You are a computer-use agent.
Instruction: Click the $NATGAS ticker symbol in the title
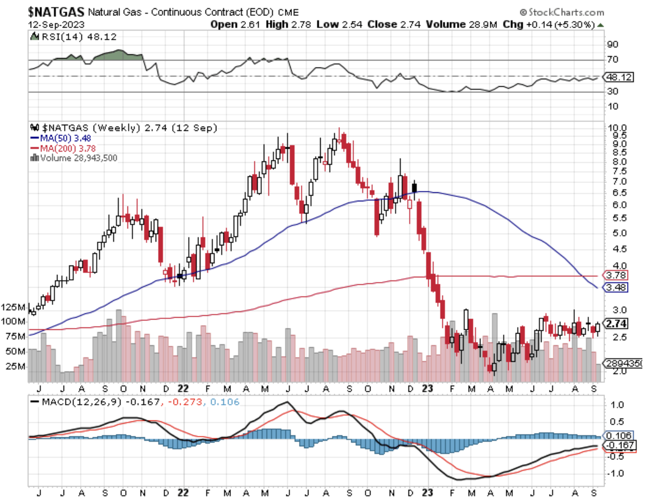tap(56, 12)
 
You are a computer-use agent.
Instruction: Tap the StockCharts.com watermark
tap(562, 12)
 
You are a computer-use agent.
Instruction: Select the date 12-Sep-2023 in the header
tap(56, 25)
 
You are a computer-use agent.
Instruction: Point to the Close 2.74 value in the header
tap(394, 25)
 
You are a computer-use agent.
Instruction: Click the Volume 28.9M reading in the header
tap(461, 25)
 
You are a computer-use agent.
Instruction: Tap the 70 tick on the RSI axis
tap(613, 59)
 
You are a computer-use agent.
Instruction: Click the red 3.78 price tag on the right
tap(616, 275)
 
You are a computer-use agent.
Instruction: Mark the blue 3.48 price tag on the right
tap(616, 287)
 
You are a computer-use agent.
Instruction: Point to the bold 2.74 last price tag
tap(616, 324)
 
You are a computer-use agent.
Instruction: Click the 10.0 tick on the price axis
tap(617, 128)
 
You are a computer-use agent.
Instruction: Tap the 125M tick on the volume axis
tap(13, 307)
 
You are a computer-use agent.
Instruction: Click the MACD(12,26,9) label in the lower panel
tap(81, 402)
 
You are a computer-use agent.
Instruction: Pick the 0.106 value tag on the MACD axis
tap(618, 435)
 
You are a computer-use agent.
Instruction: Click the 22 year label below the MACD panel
tap(183, 493)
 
